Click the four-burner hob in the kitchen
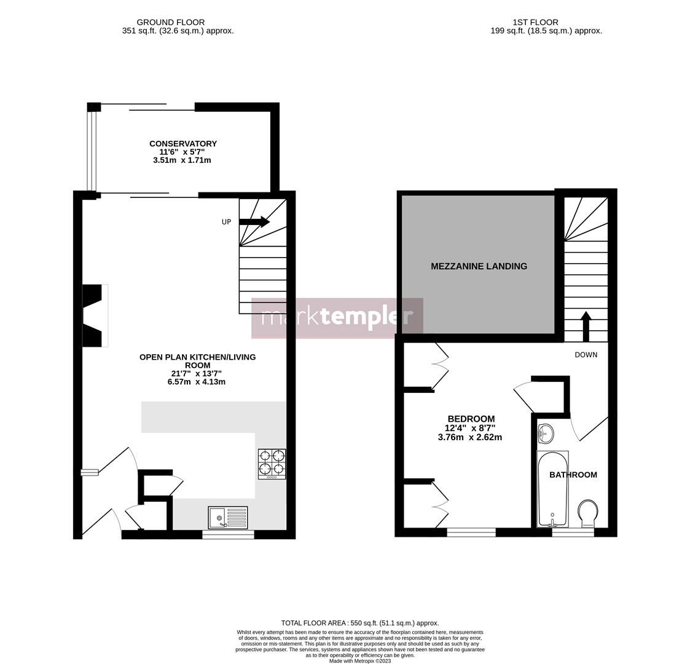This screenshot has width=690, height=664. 272,464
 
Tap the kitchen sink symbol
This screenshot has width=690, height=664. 227,518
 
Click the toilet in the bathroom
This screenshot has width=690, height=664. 587,513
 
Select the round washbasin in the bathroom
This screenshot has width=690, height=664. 545,434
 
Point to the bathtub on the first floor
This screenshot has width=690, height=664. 552,489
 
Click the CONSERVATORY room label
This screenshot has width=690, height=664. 183,144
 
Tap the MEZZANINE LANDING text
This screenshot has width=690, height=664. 479,266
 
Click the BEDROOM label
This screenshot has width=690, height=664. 471,419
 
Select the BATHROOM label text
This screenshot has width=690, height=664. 573,475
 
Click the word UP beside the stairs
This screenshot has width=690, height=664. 226,222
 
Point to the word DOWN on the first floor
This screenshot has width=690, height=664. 586,355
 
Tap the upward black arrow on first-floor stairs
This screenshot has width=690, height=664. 586,326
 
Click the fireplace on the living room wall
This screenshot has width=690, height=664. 93,315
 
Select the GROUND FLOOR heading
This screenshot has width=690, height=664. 170,22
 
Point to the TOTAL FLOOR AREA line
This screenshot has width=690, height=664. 359,623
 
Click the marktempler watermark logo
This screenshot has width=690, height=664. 337,318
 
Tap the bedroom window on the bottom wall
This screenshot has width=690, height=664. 471,532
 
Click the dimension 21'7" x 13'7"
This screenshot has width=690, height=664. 196,373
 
